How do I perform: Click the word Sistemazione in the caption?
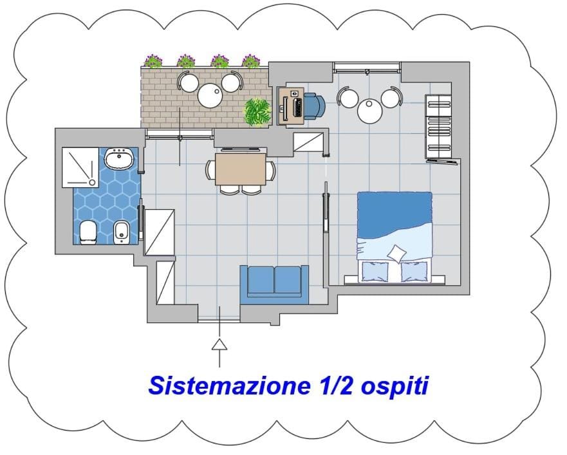[x=229, y=385]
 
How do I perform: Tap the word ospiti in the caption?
[x=395, y=387]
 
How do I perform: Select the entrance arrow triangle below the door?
[x=219, y=345]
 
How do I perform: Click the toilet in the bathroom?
[x=88, y=232]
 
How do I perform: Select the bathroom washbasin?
[x=119, y=158]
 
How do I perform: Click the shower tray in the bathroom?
[x=80, y=167]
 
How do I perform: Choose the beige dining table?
[x=241, y=169]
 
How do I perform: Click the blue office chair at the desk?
[x=314, y=106]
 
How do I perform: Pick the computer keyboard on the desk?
[x=297, y=107]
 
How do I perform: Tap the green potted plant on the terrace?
[x=258, y=112]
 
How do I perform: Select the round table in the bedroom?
[x=369, y=111]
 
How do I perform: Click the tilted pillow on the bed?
[x=396, y=253]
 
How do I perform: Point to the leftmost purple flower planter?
[x=154, y=60]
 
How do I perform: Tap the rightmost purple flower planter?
[x=251, y=60]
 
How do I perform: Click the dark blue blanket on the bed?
[x=395, y=214]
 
